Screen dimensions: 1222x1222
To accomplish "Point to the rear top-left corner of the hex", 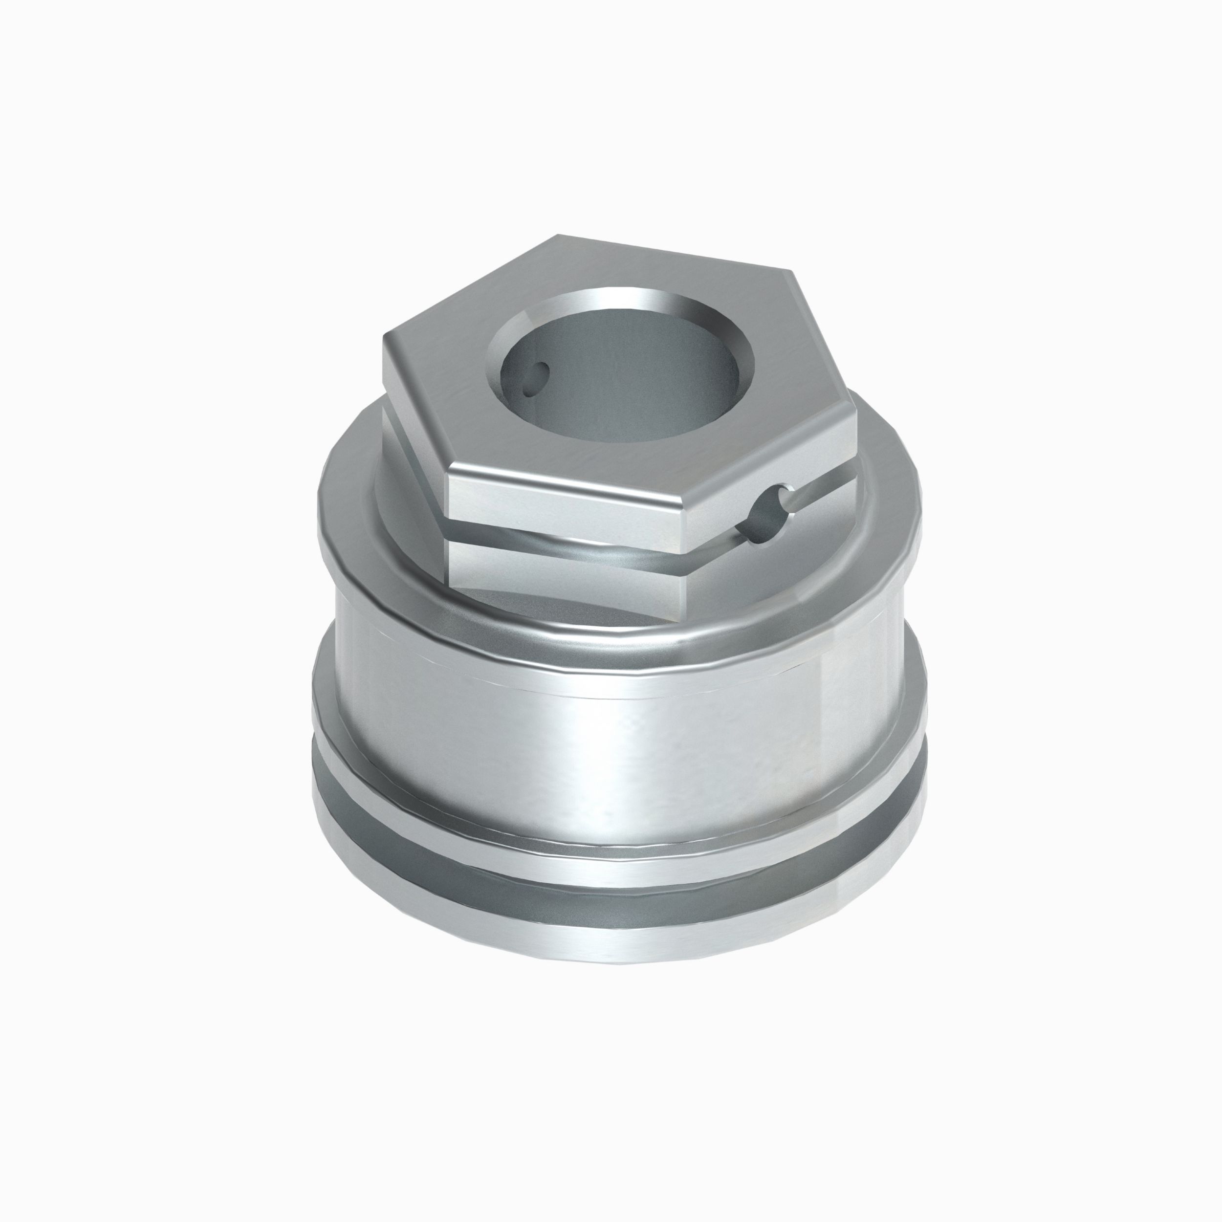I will (557, 235).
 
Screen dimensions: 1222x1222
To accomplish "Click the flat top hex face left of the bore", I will (443, 379).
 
